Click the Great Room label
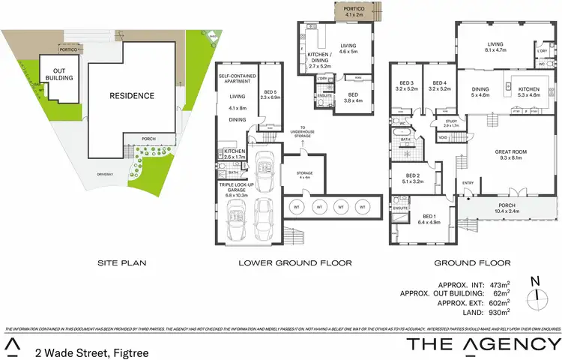pos(511,154)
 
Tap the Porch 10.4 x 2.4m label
pos(511,210)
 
